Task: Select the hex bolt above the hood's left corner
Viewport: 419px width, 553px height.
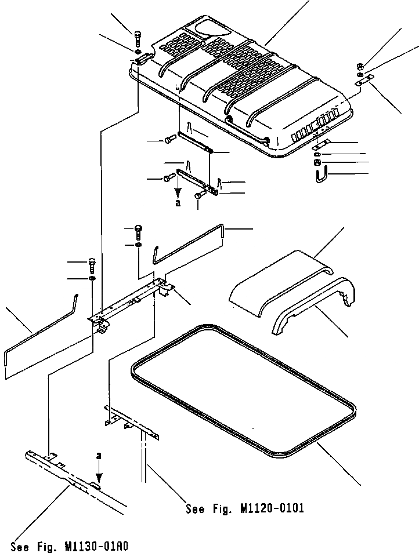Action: [138, 38]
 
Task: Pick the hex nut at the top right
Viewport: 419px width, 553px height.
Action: [361, 66]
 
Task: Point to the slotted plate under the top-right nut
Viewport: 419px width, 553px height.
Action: [362, 84]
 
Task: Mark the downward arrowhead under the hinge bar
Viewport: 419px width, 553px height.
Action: [178, 192]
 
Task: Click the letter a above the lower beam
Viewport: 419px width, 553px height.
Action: [99, 456]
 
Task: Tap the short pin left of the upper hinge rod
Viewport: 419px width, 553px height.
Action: [171, 139]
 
